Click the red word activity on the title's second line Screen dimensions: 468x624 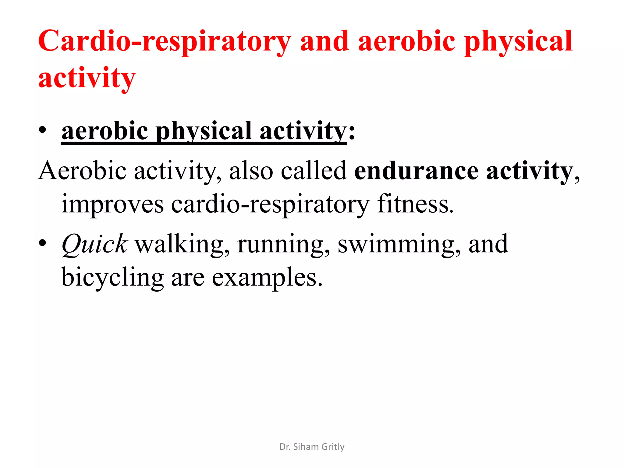87,78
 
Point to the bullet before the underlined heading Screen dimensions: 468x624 42,130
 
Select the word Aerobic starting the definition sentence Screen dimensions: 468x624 82,171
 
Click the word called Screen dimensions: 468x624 314,171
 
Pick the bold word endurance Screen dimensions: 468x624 416,171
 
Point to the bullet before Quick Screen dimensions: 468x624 42,243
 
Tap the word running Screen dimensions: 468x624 283,244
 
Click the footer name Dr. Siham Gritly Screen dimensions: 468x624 312,447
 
